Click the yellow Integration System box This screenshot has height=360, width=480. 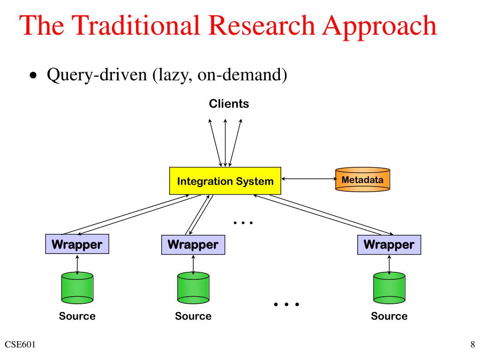click(225, 180)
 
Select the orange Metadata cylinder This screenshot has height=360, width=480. click(362, 180)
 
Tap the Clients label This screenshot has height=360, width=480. click(229, 104)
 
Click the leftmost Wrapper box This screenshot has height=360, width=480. click(77, 244)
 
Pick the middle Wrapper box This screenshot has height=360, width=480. click(193, 245)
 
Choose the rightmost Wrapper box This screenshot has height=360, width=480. click(389, 245)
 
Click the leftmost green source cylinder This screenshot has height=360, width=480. click(77, 288)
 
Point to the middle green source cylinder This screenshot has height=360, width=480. click(193, 288)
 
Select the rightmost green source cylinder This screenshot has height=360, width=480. click(389, 288)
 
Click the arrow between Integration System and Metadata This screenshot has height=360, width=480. click(309, 179)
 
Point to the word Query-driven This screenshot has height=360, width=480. click(97, 75)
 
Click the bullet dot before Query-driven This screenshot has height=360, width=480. click(33, 75)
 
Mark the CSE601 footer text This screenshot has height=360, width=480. click(20, 345)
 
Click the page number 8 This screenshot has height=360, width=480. click(472, 345)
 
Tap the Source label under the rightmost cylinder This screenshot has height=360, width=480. click(389, 316)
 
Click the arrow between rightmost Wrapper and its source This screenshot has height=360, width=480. click(389, 264)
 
